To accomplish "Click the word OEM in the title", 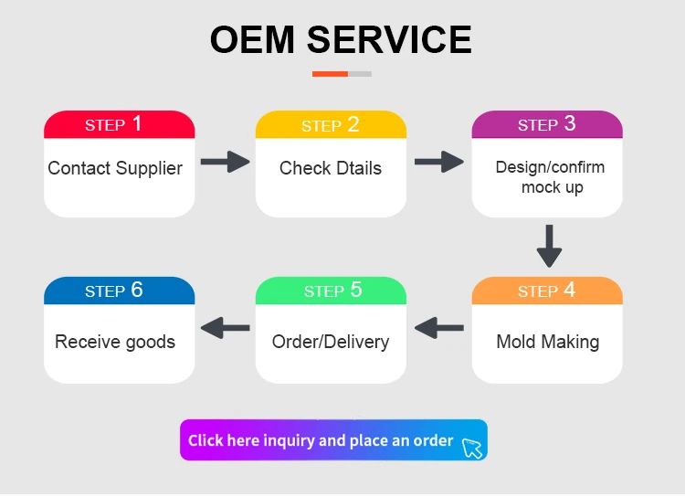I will pyautogui.click(x=252, y=39).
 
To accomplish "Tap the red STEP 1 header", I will pyautogui.click(x=119, y=124).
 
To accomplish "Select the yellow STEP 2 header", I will pyautogui.click(x=331, y=124).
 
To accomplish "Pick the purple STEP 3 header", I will pyautogui.click(x=547, y=124).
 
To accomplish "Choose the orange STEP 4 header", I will pyautogui.click(x=547, y=291).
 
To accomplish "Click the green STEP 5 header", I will pyautogui.click(x=331, y=291).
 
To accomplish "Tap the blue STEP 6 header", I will pyautogui.click(x=119, y=291).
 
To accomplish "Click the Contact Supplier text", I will pyautogui.click(x=115, y=168).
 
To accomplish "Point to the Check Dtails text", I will pyautogui.click(x=331, y=168).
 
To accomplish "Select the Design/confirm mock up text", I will pyautogui.click(x=550, y=177).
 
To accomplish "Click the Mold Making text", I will pyautogui.click(x=547, y=342).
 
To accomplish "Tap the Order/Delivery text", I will pyautogui.click(x=331, y=342).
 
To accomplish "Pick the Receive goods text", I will pyautogui.click(x=115, y=342).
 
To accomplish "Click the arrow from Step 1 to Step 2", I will pyautogui.click(x=225, y=163).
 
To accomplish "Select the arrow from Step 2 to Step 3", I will pyautogui.click(x=439, y=163).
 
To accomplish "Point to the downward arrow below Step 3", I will pyautogui.click(x=548, y=245).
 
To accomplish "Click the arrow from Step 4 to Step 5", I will pyautogui.click(x=439, y=326).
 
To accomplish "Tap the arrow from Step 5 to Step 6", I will pyautogui.click(x=225, y=326).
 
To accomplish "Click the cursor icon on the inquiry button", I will pyautogui.click(x=471, y=447).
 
